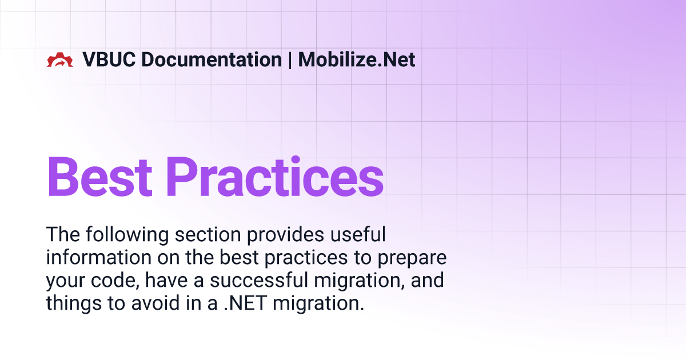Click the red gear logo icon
(60, 59)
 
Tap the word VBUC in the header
(109, 59)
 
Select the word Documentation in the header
(212, 59)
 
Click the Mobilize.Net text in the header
(357, 59)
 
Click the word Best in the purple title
(100, 177)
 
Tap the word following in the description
(127, 235)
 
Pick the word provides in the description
(285, 235)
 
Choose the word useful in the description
(358, 234)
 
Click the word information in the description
(99, 257)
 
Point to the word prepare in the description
(412, 258)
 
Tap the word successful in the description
(259, 280)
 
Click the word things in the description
(74, 303)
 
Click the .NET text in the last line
(245, 303)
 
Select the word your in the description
(65, 281)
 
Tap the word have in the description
(166, 280)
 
